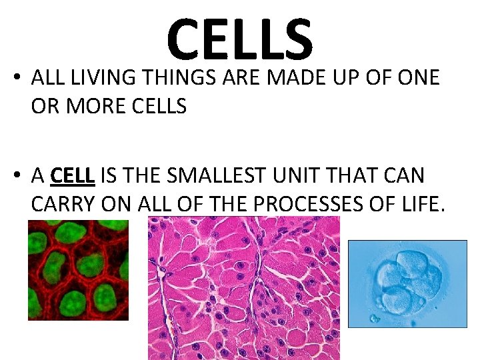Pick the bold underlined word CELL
(x=73, y=175)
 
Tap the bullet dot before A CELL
(x=15, y=177)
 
